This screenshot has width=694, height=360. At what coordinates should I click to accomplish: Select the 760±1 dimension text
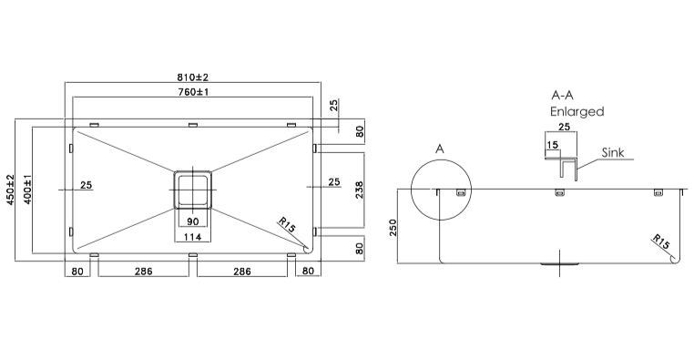coord(193,92)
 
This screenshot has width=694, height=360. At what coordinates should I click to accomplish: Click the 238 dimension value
coord(358,189)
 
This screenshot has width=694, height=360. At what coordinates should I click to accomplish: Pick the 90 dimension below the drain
coord(192,222)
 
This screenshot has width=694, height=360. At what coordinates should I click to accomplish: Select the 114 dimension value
coord(192,238)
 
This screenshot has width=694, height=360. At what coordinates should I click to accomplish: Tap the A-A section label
coord(566,95)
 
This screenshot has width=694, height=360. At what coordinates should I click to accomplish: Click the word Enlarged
coord(577,111)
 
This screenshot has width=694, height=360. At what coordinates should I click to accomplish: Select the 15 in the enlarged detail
coord(553,144)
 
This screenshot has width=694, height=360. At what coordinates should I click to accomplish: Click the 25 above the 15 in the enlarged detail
coord(565,129)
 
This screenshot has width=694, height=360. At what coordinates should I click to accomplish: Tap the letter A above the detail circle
coord(440,148)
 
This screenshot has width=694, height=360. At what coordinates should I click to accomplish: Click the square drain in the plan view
coord(192,190)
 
